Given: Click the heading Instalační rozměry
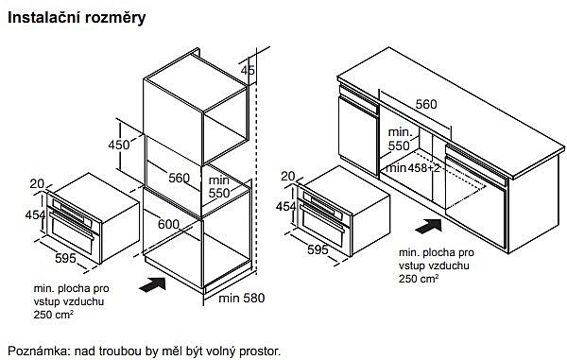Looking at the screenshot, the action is tap(77, 17).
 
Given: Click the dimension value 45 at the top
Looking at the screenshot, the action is tap(248, 70).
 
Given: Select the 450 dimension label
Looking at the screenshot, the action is tap(119, 145).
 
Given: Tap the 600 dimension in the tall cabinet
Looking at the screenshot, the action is tap(168, 224).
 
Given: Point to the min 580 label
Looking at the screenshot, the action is tap(242, 298).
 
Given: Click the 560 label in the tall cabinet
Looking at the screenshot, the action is tap(179, 178).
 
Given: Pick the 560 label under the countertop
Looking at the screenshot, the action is tap(426, 104).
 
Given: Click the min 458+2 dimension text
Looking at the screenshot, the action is tap(413, 168).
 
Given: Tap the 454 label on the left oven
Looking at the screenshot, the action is tap(36, 214).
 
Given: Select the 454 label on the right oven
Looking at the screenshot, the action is tap(286, 206).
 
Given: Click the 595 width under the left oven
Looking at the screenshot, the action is tap(65, 258).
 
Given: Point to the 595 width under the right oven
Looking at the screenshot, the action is tap(318, 249).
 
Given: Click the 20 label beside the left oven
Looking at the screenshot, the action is tap(37, 183).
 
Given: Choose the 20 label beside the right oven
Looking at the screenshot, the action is tap(288, 176).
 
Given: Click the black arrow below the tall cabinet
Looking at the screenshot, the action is tap(152, 283).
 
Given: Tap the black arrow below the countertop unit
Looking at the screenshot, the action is tap(428, 226).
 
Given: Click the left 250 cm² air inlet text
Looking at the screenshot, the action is tap(54, 315).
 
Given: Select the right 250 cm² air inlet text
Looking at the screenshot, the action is tap(419, 279).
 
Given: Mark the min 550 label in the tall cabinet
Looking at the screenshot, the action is tap(219, 186).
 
